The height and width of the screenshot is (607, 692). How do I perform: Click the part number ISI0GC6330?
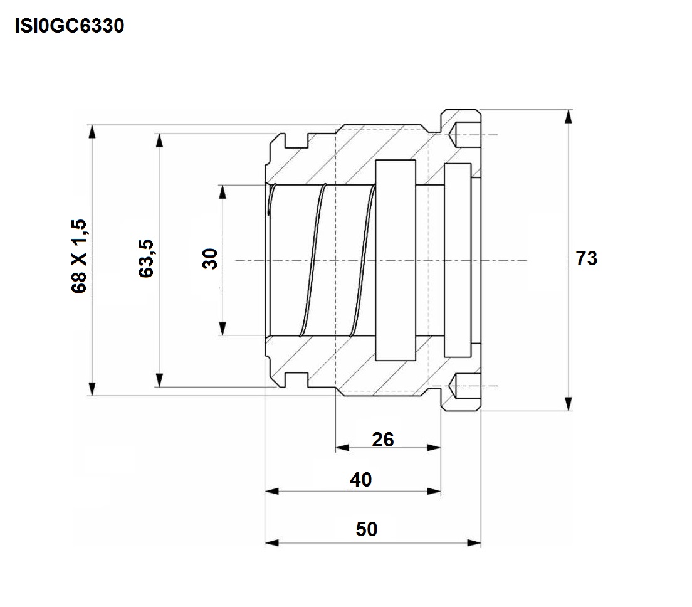point(70,26)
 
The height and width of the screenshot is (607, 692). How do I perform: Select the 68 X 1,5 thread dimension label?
point(79,256)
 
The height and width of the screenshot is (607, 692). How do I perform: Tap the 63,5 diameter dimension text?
point(146,259)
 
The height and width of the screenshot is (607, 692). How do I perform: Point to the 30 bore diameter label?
point(211,259)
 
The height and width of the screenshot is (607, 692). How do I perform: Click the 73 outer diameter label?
point(587,258)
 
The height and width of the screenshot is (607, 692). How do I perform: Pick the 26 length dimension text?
point(382,440)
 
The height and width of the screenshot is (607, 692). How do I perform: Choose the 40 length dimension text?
point(360,480)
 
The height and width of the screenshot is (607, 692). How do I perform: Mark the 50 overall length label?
point(366,529)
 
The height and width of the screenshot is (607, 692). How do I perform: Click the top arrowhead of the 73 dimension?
point(569,117)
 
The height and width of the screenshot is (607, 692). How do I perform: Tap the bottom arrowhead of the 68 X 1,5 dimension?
point(92,389)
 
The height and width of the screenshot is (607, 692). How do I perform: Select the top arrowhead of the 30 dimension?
point(223,192)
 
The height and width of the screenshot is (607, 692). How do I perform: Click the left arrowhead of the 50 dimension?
point(272,542)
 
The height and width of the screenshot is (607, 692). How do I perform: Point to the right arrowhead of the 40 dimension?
point(434,492)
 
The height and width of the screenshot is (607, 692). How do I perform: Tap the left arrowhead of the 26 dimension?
point(342,448)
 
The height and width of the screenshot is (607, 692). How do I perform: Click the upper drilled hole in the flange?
point(464,135)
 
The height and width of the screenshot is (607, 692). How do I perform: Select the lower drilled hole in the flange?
point(464,386)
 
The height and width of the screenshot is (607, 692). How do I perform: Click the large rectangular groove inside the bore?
point(396,260)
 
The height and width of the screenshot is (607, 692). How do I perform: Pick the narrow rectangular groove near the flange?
point(458,260)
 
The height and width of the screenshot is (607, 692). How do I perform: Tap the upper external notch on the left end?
point(296,140)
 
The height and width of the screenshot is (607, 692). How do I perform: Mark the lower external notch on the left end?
point(296,380)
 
